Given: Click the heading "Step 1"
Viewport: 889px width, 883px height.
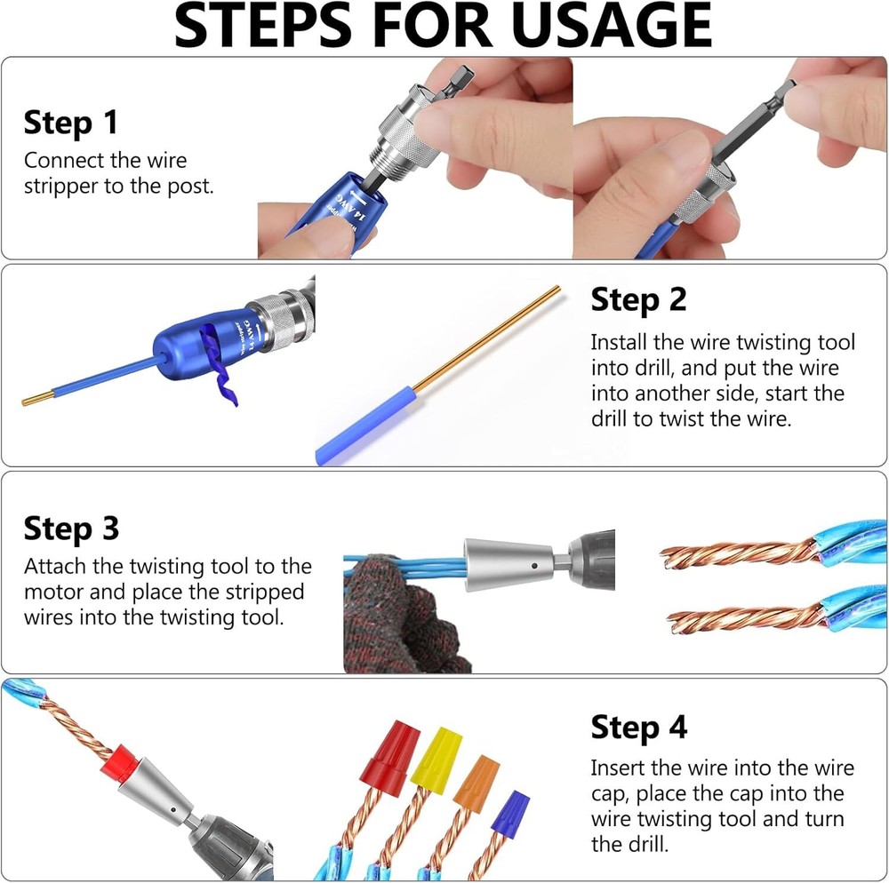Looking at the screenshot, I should (70, 123).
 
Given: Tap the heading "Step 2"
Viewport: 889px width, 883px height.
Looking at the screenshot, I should (638, 300).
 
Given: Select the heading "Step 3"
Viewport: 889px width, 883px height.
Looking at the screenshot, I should (71, 529).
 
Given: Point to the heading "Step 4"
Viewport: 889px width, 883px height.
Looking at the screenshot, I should (638, 728).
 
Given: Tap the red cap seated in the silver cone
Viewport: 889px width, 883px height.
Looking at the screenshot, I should (118, 762).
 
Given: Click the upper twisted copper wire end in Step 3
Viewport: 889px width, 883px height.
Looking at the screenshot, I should (738, 554).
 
